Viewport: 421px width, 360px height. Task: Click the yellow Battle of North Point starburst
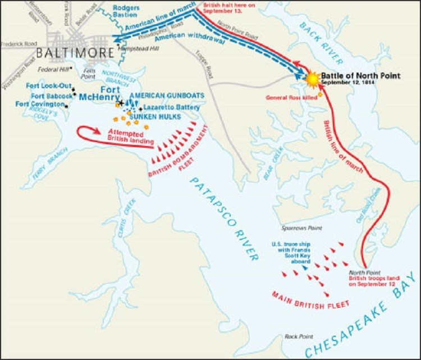(x=313, y=79)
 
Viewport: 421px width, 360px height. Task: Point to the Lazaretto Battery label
(x=168, y=107)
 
